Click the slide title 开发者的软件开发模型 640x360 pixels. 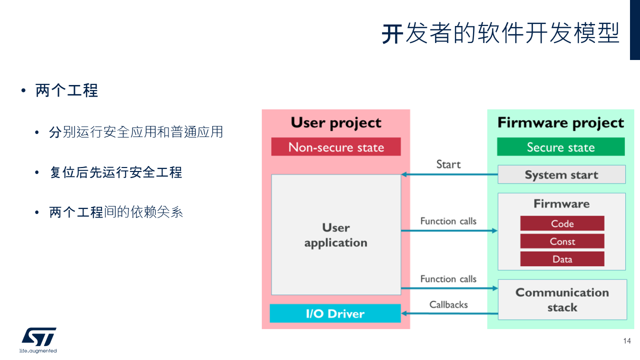click(x=500, y=33)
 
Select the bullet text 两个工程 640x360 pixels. click(x=66, y=90)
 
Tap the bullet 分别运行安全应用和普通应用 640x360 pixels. click(x=136, y=132)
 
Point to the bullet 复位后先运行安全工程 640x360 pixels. click(x=115, y=172)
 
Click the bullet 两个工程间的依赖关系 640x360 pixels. click(x=116, y=212)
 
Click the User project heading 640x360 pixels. click(x=336, y=122)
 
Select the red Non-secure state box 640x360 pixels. click(x=336, y=147)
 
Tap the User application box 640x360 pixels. click(x=336, y=235)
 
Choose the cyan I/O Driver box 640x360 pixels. click(x=335, y=313)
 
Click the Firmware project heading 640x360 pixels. click(x=560, y=122)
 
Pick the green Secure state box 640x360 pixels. click(x=560, y=147)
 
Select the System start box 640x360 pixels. click(x=561, y=175)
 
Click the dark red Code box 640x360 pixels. click(x=562, y=223)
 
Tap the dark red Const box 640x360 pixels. click(x=562, y=241)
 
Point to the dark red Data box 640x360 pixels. click(x=562, y=259)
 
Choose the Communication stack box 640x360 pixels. click(x=562, y=299)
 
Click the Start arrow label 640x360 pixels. click(x=448, y=164)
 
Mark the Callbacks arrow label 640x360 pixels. click(x=448, y=304)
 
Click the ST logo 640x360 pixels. click(x=38, y=337)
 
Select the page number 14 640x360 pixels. click(x=627, y=341)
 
